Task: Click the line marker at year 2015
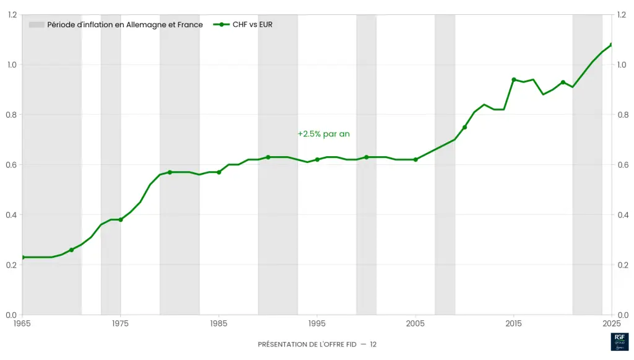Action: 514,79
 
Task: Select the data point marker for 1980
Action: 170,172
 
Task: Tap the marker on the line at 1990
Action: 268,157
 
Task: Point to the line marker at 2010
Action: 464,127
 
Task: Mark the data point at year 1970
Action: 71,250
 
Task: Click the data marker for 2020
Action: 563,82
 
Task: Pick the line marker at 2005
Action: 415,159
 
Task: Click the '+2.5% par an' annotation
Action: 319,134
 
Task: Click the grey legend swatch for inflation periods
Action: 37,25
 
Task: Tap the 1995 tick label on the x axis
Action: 317,323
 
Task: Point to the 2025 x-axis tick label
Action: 612,323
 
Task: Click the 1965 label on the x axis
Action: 22,323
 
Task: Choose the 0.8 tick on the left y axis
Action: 12,115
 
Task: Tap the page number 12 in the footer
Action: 373,344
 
